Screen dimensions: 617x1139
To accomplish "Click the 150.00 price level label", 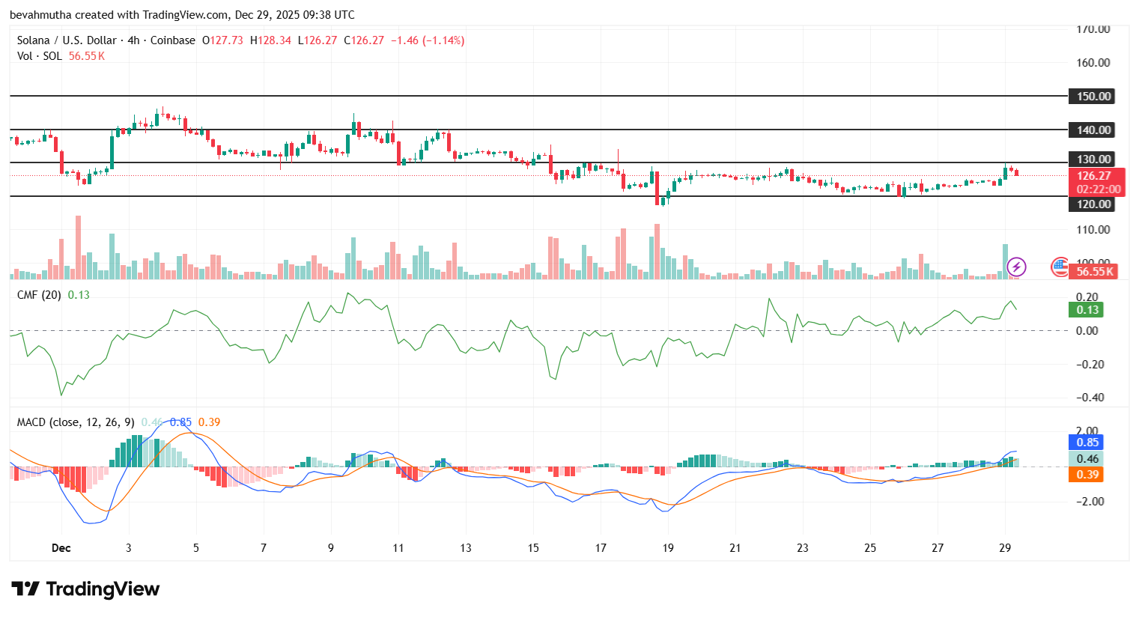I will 1093,97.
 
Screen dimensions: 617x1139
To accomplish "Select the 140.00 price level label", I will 1093,130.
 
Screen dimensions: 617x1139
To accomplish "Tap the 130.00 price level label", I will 1093,159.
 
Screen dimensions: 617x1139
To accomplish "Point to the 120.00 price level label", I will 1093,204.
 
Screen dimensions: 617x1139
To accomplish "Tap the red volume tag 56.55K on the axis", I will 1095,272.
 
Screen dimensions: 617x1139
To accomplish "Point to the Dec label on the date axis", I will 61,548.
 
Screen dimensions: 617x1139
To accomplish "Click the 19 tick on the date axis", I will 668,548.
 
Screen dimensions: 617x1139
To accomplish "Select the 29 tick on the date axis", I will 1005,548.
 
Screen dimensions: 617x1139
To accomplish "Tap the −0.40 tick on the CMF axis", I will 1090,398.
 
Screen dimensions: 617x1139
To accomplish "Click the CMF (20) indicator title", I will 39,295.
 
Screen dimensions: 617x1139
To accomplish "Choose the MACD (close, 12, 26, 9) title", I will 76,422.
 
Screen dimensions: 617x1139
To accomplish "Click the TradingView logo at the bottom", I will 86,589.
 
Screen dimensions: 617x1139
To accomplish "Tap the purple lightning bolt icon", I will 1016,267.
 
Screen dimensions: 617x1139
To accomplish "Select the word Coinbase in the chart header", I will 173,40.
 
